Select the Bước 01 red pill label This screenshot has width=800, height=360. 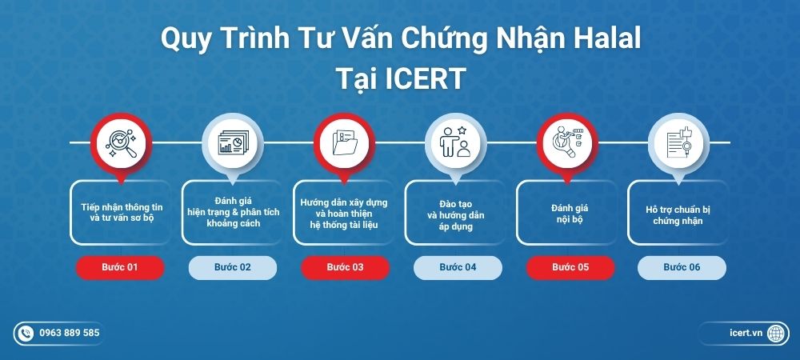[120, 267]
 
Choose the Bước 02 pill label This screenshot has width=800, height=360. [233, 267]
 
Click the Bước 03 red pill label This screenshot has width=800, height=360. [345, 267]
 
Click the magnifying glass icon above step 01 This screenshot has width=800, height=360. [120, 142]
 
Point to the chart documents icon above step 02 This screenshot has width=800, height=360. [232, 142]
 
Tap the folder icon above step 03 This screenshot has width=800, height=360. [345, 142]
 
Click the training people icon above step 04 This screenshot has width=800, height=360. [456, 142]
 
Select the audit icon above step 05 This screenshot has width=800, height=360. [568, 142]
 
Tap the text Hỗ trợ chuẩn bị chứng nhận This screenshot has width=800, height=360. [680, 215]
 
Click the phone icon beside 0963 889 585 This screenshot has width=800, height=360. [26, 333]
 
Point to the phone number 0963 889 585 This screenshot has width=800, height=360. [70, 333]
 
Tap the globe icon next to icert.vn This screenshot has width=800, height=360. [775, 333]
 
